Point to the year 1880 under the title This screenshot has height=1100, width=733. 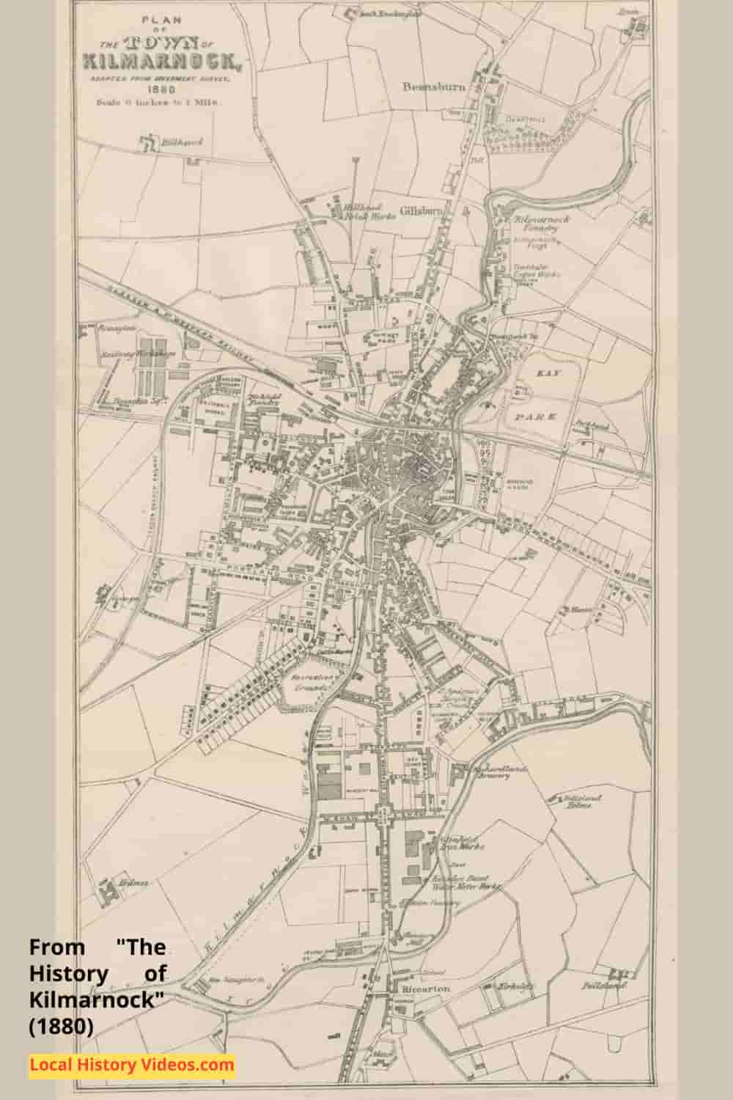coord(161,89)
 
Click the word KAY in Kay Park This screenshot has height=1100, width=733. coord(543,373)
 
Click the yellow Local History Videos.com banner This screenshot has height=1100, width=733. coord(132,1064)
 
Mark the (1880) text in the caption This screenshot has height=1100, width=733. coord(62,1027)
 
